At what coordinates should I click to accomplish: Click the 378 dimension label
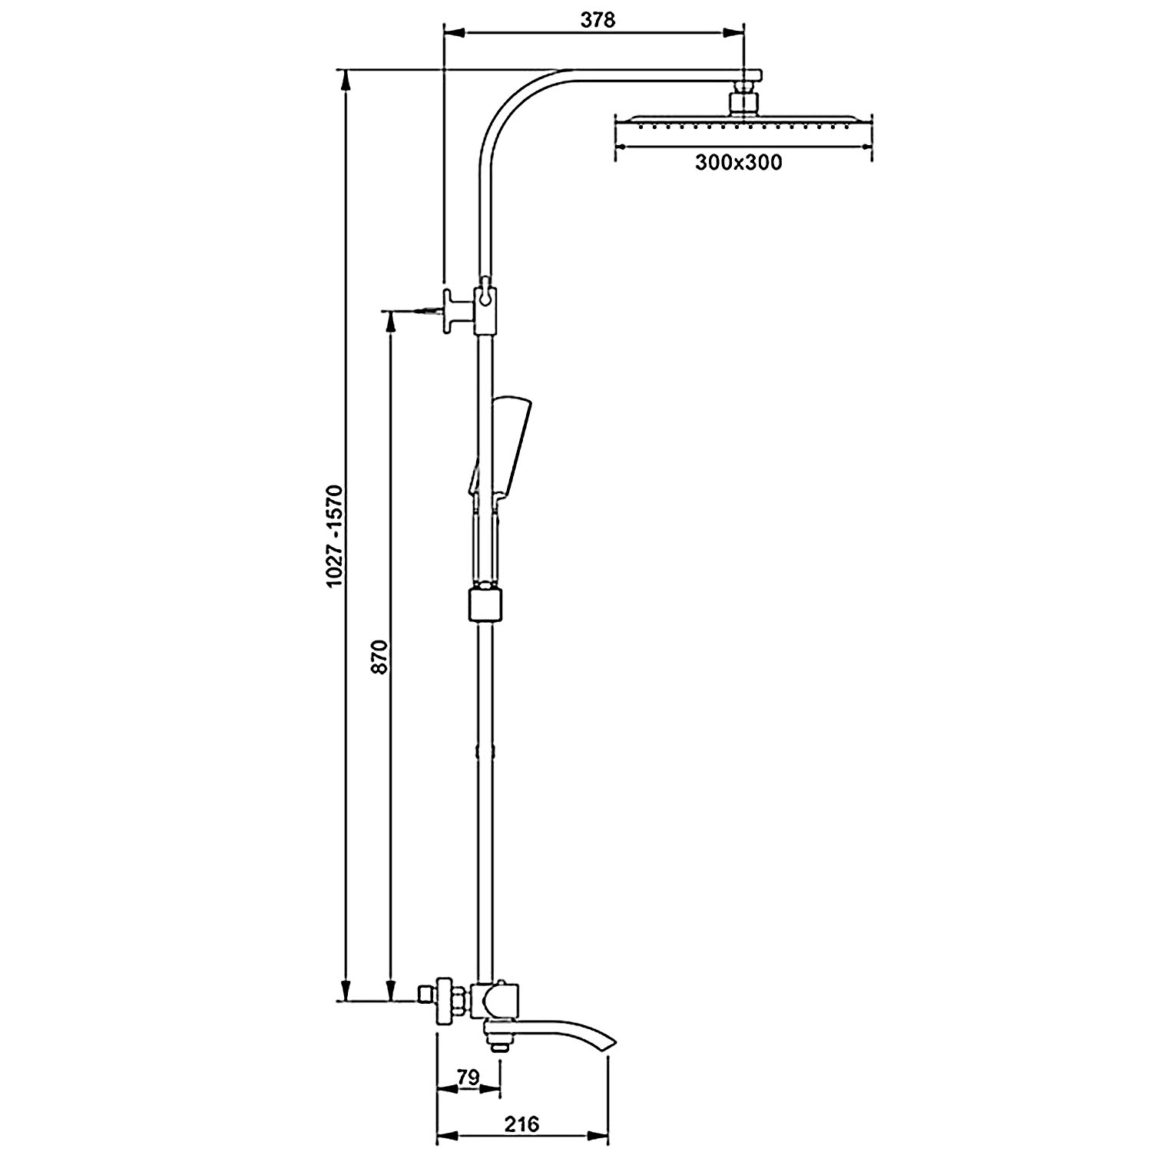point(598,20)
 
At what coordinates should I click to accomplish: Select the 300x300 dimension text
point(738,163)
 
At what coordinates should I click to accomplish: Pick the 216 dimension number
point(522,1124)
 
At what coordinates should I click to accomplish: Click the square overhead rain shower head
point(743,123)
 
